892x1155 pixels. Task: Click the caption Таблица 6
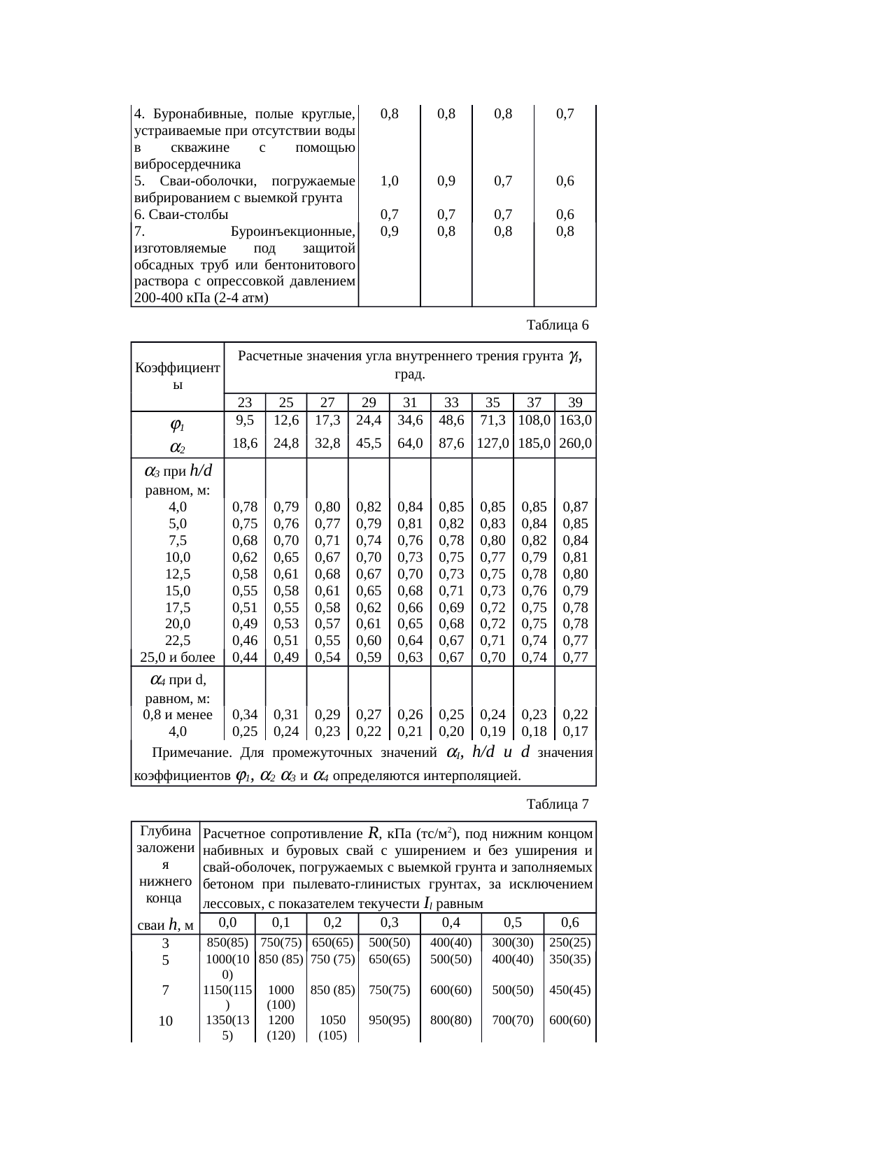pos(557,325)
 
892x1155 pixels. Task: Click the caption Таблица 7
pos(557,805)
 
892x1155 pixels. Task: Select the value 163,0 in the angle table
pos(575,420)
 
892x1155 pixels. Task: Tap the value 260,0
pos(575,443)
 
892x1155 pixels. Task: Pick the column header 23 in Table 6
pos(245,402)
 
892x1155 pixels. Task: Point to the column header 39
pos(575,402)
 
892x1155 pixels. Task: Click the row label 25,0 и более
pos(178,657)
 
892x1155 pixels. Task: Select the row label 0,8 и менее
pos(178,715)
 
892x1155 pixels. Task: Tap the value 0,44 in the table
pos(245,657)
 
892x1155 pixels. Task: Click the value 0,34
pos(245,715)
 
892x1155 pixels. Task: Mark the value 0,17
pos(575,732)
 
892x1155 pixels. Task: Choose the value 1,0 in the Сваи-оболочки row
pos(389,181)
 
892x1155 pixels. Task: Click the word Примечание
pos(192,753)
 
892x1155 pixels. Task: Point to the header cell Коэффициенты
pos(178,376)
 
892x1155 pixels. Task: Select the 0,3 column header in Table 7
pos(389,922)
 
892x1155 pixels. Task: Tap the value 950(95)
pos(389,1021)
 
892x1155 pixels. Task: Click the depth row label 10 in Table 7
pos(166,1021)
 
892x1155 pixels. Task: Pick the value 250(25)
pos(570,942)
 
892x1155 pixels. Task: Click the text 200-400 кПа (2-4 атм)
pos(202,299)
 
